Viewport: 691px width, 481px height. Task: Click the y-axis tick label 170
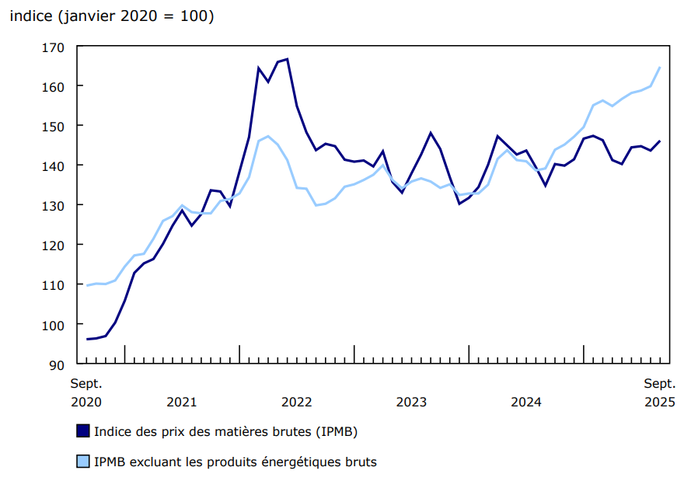click(54, 47)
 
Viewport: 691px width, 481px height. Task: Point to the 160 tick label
click(54, 85)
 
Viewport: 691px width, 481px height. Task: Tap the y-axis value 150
click(54, 126)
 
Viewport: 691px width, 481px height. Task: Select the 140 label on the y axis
click(54, 166)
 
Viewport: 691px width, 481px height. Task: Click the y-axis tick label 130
click(54, 205)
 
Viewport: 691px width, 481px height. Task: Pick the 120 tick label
click(54, 245)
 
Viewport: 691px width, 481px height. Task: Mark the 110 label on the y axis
click(54, 285)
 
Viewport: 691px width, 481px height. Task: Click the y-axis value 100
click(54, 325)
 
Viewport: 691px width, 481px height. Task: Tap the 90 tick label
click(58, 364)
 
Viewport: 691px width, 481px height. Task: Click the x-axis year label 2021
click(182, 402)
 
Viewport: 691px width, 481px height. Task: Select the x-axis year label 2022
click(297, 402)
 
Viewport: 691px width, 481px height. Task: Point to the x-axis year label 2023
click(411, 402)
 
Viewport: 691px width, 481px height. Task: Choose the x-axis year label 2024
click(526, 402)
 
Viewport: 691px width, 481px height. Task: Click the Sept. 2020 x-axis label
click(86, 392)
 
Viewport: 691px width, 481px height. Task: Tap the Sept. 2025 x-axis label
click(659, 392)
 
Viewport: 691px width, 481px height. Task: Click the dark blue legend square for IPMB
click(82, 430)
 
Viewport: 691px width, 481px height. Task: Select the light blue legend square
click(82, 462)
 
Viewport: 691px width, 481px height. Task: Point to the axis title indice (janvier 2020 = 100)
click(111, 16)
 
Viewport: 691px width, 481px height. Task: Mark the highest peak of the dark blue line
click(288, 59)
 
